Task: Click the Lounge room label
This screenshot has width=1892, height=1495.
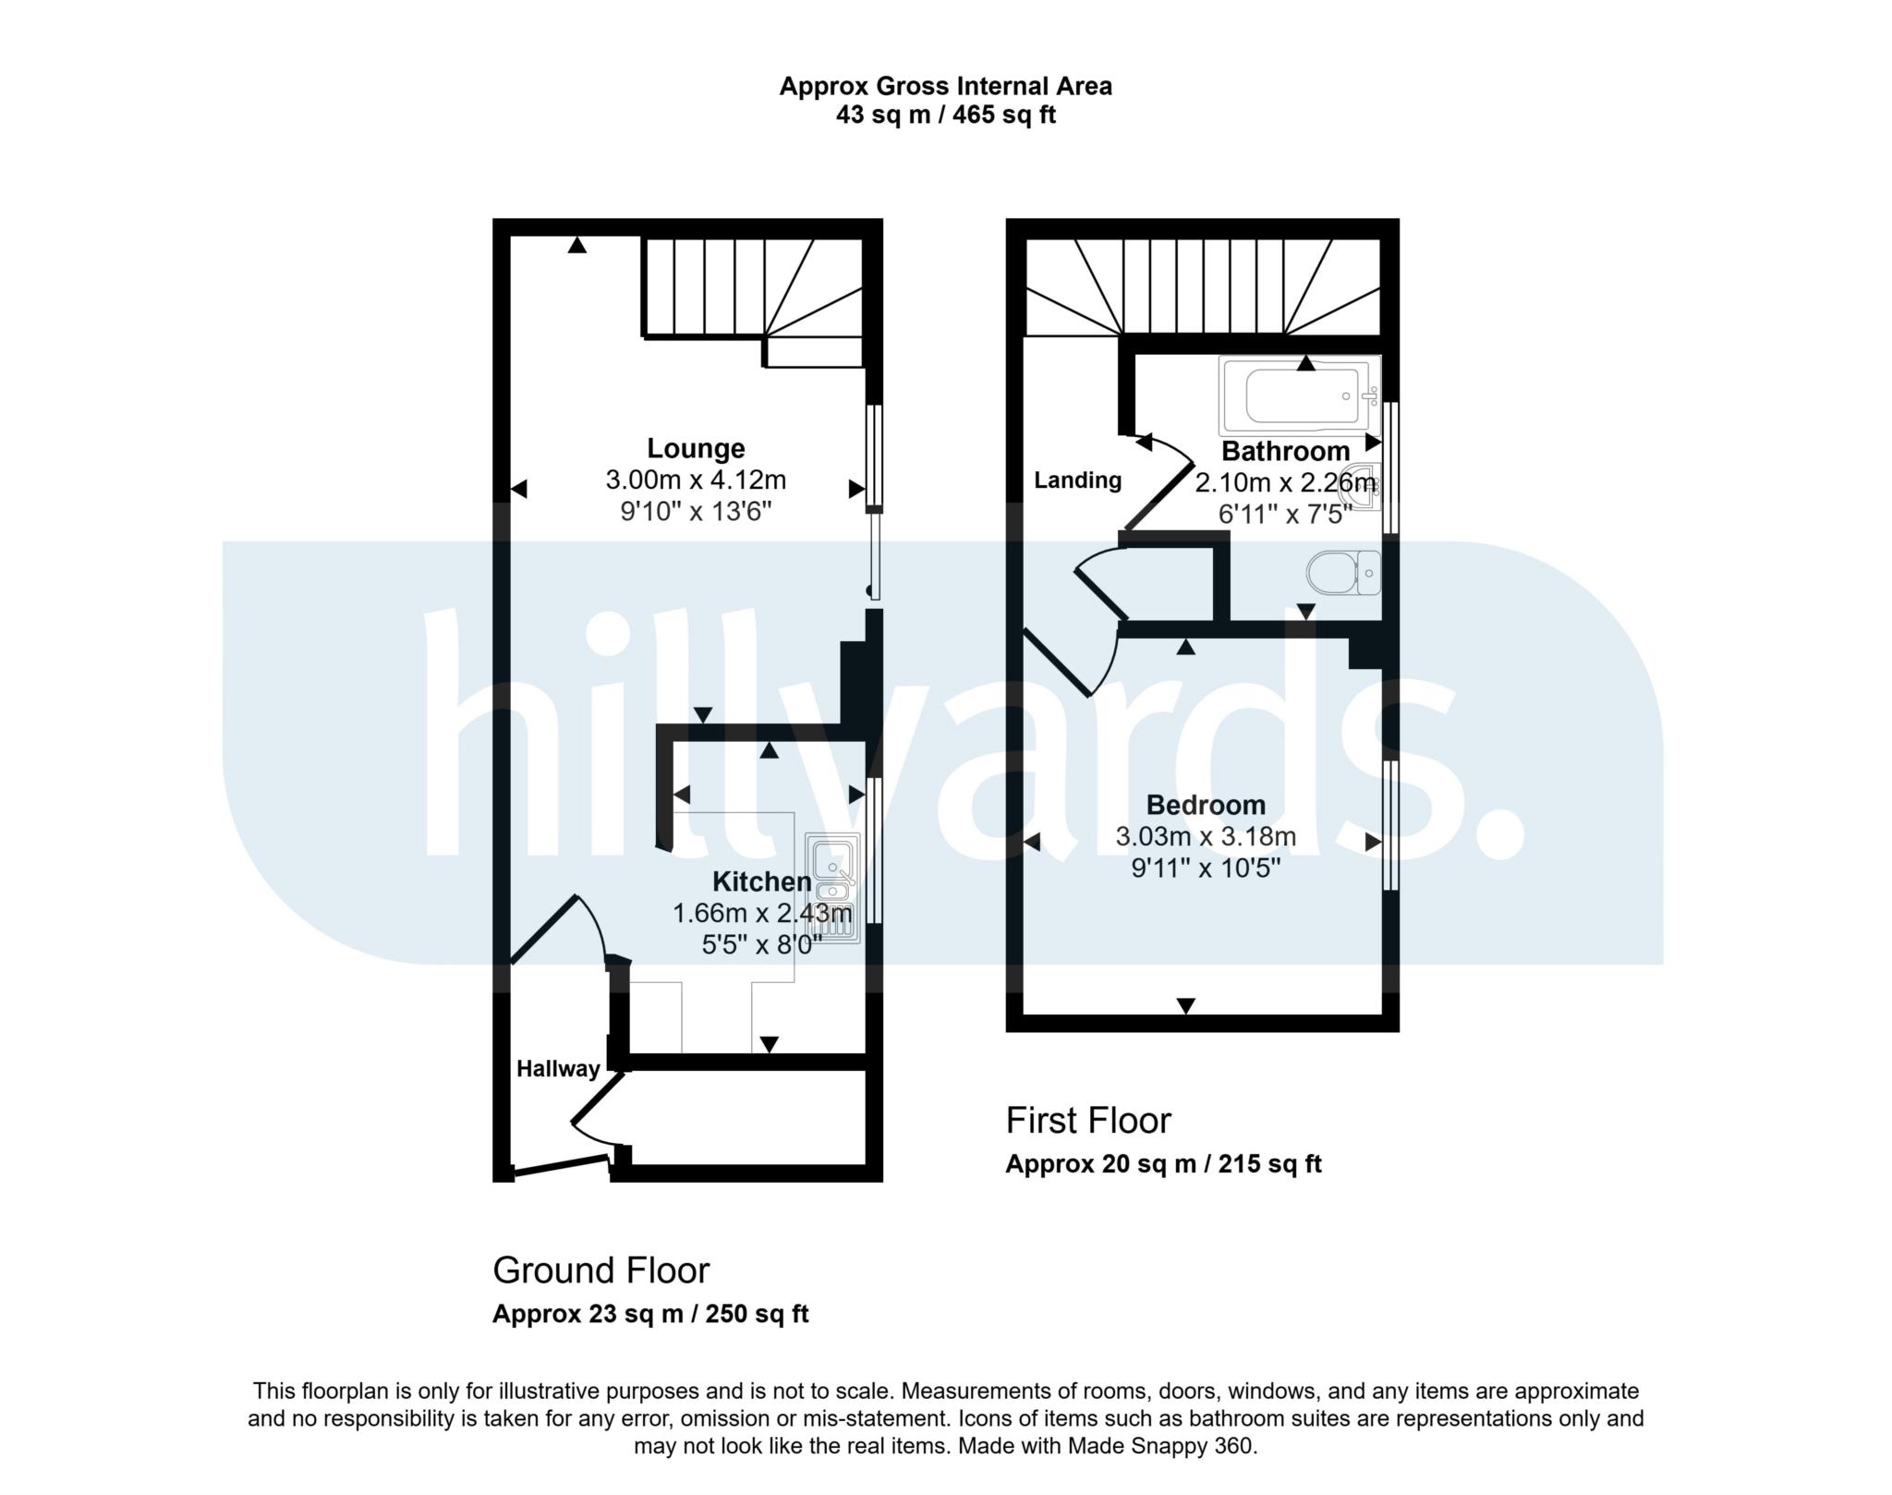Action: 695,448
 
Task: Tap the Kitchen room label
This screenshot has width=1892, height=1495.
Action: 761,881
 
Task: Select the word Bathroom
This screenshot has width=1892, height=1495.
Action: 1285,452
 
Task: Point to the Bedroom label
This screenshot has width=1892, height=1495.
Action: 1205,805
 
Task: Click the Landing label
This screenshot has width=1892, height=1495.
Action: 1077,480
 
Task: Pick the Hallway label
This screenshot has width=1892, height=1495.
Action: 558,1069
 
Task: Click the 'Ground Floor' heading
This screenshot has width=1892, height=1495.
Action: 600,1270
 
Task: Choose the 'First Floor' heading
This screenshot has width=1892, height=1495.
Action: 1088,1121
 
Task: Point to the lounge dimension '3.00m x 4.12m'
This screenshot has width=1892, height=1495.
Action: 695,480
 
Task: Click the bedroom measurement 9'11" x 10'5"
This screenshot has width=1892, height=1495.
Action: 1205,869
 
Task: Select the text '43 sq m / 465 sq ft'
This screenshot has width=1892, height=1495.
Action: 945,115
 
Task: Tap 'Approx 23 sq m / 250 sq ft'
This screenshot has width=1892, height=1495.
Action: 650,1314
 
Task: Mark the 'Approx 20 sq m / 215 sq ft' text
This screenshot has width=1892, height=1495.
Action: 1163,1164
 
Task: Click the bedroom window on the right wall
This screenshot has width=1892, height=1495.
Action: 1389,825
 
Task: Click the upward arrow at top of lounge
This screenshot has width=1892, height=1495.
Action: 577,245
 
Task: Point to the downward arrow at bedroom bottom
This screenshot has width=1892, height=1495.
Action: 1186,1005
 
